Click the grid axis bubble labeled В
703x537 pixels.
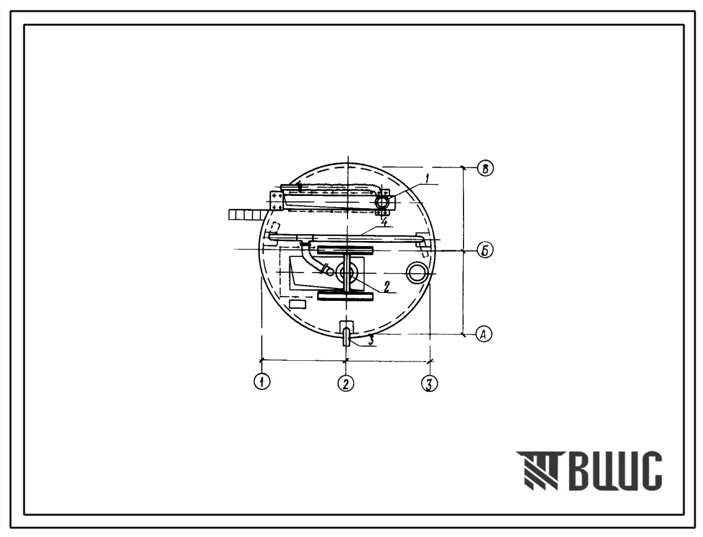point(485,169)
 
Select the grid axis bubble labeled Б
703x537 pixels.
point(485,250)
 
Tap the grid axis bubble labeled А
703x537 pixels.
point(483,334)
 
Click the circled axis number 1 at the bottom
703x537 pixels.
point(262,382)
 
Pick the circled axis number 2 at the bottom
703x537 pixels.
point(345,383)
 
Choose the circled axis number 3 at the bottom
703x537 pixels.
point(429,384)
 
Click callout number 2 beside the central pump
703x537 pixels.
point(386,286)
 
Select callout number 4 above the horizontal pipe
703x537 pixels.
point(384,222)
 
